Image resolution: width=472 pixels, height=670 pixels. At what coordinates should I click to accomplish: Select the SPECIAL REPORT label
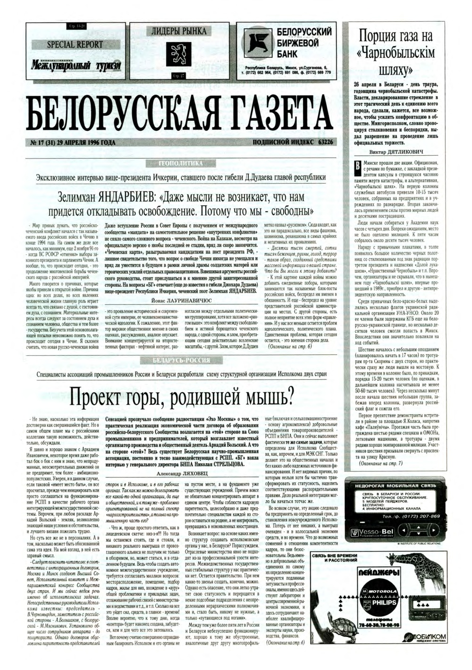coord(75,44)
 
